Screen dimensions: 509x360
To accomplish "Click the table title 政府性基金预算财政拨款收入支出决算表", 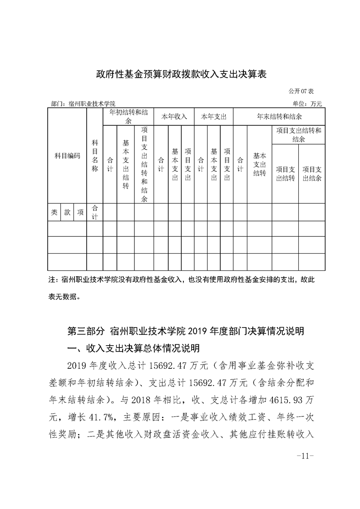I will coord(180,74).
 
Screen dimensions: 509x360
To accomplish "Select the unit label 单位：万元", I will coord(307,104).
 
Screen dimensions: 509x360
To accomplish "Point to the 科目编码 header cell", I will coord(67,156).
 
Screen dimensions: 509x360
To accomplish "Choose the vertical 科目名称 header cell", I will coord(95,156).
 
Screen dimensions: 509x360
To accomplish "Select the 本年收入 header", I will coord(174,117).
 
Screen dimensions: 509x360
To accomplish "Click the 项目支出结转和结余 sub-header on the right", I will coord(298,135).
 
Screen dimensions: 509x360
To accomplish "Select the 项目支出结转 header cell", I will coord(285,174).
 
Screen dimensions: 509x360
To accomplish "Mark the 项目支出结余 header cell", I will coord(312,174).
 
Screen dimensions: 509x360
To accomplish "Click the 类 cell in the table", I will coord(54,212).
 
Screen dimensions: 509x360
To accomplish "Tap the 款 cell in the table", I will coord(67,212).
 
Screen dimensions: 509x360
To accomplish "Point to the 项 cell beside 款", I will coord(80,212).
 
